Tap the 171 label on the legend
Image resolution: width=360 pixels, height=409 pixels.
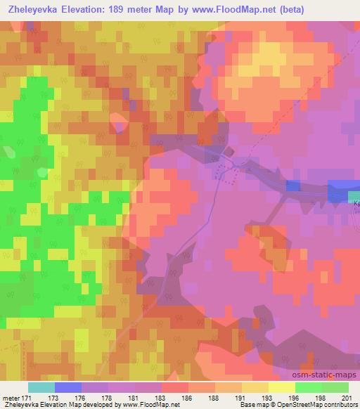pyautogui.click(x=27, y=398)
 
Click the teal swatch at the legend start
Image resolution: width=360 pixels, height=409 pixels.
pyautogui.click(x=41, y=387)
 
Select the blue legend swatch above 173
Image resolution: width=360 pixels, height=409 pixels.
pyautogui.click(x=67, y=387)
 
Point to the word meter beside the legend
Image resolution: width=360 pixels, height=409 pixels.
pyautogui.click(x=10, y=398)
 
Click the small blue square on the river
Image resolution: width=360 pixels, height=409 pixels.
pyautogui.click(x=292, y=185)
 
